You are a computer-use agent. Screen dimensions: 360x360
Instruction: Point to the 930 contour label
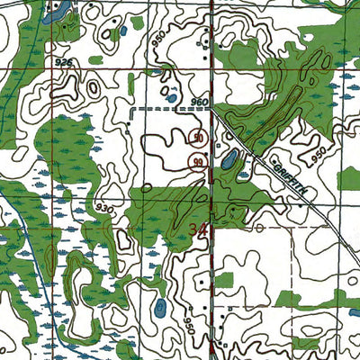tap(104, 208)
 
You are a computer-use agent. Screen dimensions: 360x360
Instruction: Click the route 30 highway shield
tap(197, 139)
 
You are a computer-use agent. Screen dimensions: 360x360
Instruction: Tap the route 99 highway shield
tap(197, 161)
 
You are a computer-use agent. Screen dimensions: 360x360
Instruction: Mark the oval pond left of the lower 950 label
tap(159, 309)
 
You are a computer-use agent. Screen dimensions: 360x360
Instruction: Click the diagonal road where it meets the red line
tap(212, 110)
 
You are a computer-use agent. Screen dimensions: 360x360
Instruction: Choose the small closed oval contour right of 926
tap(93, 88)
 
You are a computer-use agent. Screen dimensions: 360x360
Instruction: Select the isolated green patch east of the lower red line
tap(227, 281)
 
